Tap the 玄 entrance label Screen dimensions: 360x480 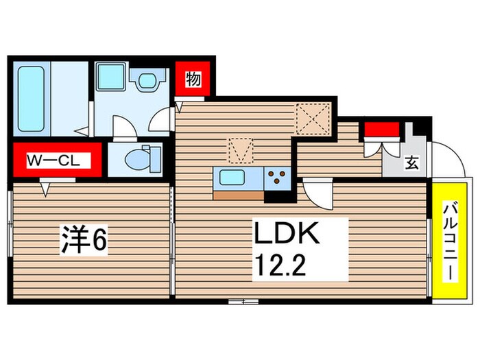(411, 163)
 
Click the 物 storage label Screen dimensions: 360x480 (193, 80)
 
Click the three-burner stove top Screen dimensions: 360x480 (278, 178)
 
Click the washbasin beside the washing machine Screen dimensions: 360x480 (146, 81)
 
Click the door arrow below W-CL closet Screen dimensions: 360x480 (45, 187)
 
